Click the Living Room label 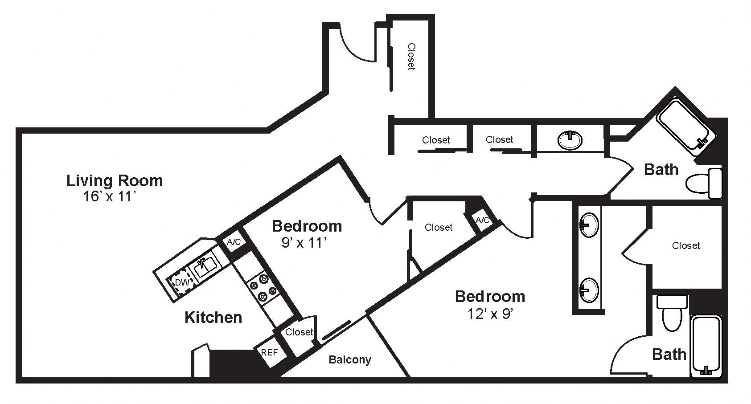pos(115,181)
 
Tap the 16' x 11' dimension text pos(110,196)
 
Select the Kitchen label pos(213,317)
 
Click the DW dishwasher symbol pos(182,282)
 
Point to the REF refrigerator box pos(270,352)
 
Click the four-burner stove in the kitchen pos(263,287)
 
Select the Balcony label pos(350,360)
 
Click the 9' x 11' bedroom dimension pos(304,243)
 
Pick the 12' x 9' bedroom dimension pos(490,314)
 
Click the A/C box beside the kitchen pos(234,242)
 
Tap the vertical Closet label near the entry pos(411,57)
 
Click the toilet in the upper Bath pos(703,183)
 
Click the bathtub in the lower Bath pos(706,347)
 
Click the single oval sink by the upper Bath pos(570,140)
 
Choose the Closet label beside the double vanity pos(686,246)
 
